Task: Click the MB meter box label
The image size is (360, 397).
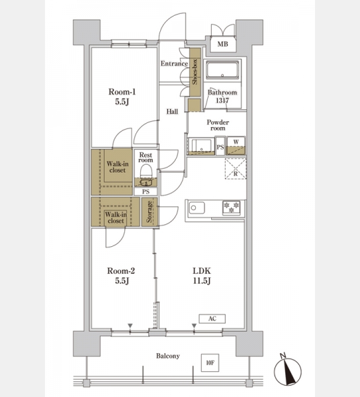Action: (x=223, y=44)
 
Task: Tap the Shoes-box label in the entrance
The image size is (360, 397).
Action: (x=195, y=72)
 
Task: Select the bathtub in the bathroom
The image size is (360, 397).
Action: (x=222, y=69)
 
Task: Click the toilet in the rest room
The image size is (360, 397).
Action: (x=146, y=172)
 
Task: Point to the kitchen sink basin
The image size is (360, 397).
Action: (x=197, y=208)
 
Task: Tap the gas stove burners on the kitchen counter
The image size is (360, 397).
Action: (x=232, y=208)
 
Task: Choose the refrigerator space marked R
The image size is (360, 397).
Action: (x=236, y=169)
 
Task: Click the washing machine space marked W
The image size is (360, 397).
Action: (x=236, y=146)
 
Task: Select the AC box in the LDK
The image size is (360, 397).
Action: (x=212, y=319)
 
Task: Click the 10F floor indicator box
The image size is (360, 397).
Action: (x=210, y=363)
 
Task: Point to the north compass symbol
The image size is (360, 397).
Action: (x=288, y=370)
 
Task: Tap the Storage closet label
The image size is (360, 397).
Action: (x=150, y=212)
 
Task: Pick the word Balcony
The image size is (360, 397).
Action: (x=168, y=356)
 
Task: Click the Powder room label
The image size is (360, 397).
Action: (x=218, y=125)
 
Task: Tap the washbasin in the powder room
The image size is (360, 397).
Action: (x=201, y=146)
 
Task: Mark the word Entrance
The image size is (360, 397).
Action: (x=174, y=64)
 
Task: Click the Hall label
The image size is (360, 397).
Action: (x=172, y=111)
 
